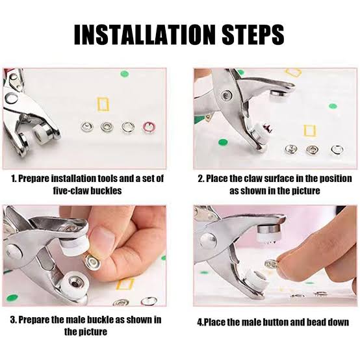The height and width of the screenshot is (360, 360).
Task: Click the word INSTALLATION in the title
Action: [x=141, y=34]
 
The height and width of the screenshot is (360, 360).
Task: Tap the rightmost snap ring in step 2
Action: [x=336, y=151]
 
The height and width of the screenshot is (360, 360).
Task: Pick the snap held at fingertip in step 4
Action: [x=271, y=264]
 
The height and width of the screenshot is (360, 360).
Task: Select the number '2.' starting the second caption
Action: [x=201, y=178]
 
